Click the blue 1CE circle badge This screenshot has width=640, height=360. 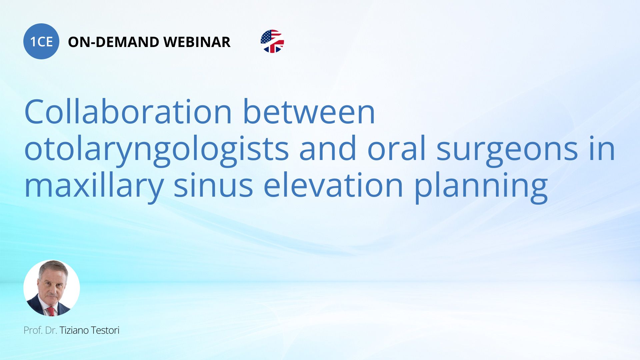(41, 41)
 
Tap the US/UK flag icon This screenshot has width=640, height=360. (272, 41)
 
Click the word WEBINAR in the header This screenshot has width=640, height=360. (197, 42)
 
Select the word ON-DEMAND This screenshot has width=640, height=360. (113, 42)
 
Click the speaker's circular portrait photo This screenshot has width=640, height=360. (52, 288)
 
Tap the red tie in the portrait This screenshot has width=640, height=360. (51, 311)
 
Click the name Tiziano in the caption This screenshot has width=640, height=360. (74, 330)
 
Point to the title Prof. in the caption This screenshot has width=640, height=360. (33, 330)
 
